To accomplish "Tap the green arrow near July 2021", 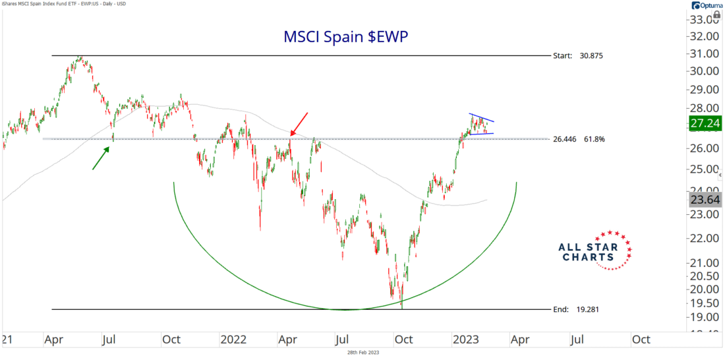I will click(x=100, y=159).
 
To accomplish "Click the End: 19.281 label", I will click(x=577, y=309).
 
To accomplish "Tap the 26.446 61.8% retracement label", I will click(x=580, y=139).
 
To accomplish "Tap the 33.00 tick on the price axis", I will click(x=703, y=20).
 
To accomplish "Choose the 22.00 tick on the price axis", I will click(x=703, y=238).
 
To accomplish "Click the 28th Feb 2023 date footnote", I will click(x=362, y=353).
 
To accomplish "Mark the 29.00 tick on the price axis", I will click(x=703, y=89).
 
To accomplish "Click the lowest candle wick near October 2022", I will click(x=401, y=305).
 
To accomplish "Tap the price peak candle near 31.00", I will click(x=80, y=58).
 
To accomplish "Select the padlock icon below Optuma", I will click(x=716, y=14).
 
